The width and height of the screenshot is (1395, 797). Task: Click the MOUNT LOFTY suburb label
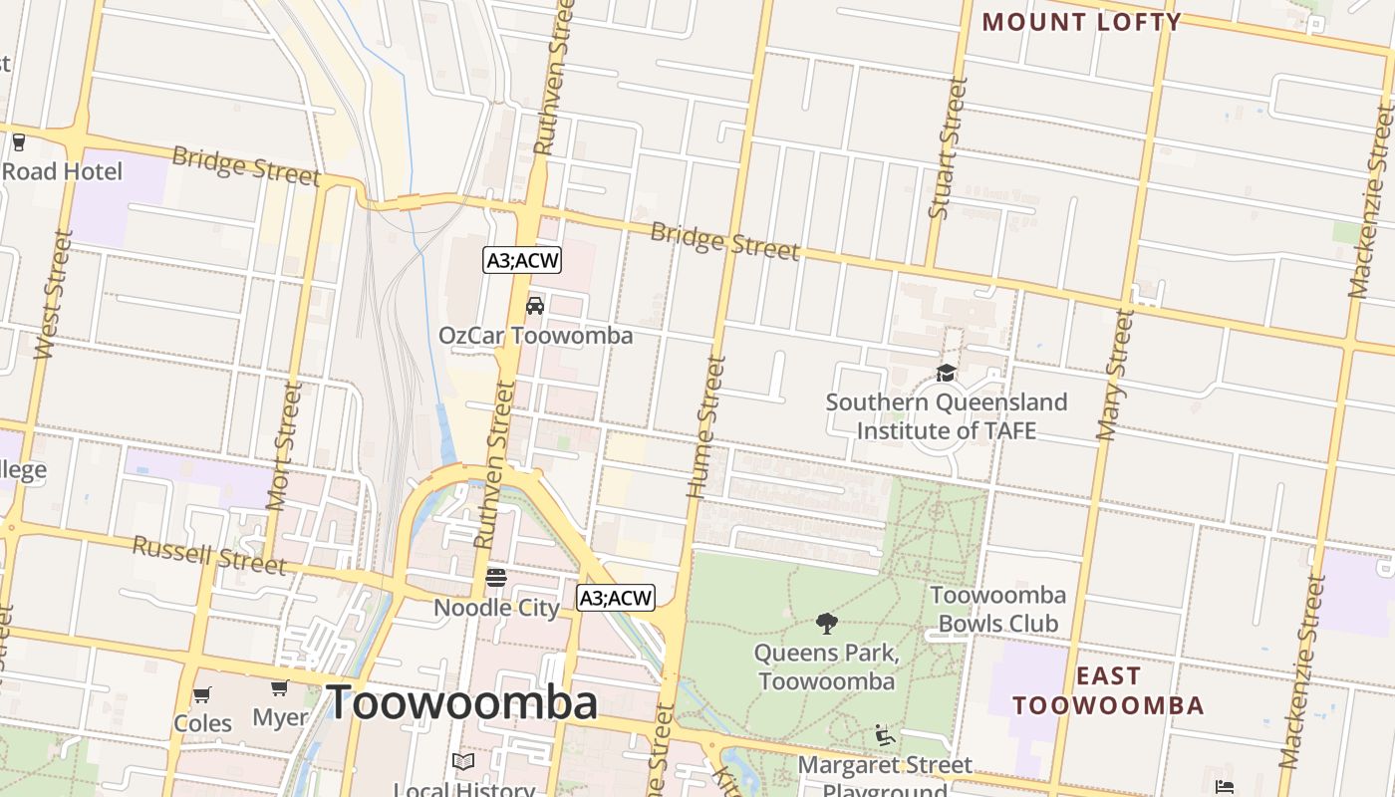[x=1081, y=22]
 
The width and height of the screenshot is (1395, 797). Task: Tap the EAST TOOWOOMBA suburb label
[x=1109, y=690]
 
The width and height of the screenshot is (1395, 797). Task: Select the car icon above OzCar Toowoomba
[x=535, y=306]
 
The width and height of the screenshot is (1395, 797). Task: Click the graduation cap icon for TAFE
[x=946, y=373]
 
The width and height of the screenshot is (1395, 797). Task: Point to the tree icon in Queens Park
[x=826, y=624]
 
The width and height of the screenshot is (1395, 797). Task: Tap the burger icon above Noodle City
[x=496, y=578]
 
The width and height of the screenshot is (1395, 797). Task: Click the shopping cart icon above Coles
[x=202, y=694]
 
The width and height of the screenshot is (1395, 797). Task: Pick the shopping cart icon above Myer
[x=280, y=688]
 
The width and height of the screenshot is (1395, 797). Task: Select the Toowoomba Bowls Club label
[x=997, y=609]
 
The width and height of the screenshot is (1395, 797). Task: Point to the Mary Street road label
[x=1116, y=375]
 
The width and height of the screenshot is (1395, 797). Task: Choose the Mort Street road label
[x=284, y=445]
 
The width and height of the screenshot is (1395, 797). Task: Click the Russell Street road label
[x=209, y=555]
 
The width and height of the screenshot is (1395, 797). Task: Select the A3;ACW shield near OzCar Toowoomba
[x=523, y=261]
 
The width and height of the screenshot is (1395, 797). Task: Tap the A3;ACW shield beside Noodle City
[x=616, y=598]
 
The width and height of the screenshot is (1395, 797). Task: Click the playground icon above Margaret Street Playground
[x=884, y=736]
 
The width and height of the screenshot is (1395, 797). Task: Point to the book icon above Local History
[x=463, y=762]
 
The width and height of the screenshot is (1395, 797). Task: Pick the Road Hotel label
[x=62, y=171]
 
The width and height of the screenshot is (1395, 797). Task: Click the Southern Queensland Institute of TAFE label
[x=946, y=416]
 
